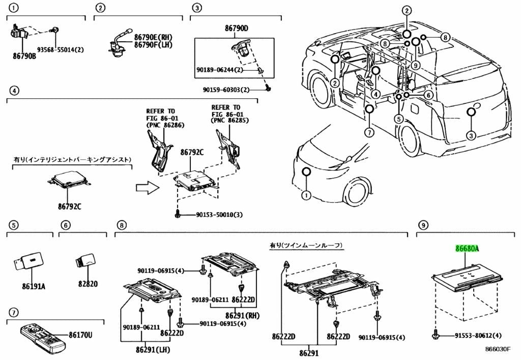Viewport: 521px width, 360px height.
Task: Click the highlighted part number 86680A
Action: click(x=467, y=248)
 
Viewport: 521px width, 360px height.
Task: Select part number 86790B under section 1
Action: click(x=24, y=56)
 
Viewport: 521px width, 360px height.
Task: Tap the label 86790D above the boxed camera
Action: click(x=236, y=28)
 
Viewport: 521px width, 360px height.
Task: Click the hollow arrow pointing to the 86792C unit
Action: click(x=148, y=187)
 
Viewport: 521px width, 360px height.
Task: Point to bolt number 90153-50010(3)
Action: click(x=219, y=215)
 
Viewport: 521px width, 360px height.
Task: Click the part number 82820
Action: click(x=88, y=284)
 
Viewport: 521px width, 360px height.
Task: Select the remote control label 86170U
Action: click(x=80, y=335)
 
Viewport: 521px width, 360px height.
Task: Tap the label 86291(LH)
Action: click(x=153, y=350)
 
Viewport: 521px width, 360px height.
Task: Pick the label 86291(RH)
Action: click(x=242, y=315)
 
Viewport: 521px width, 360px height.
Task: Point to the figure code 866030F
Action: click(x=498, y=349)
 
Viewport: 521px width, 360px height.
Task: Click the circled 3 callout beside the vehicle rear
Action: click(x=471, y=135)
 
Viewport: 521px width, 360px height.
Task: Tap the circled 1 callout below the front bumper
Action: click(x=306, y=196)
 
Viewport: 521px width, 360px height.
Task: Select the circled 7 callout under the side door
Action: click(x=369, y=132)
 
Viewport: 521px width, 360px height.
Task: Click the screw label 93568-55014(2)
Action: click(x=60, y=50)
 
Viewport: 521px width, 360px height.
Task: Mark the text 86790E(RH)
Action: click(x=154, y=37)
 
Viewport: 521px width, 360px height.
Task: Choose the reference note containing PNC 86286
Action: click(x=165, y=118)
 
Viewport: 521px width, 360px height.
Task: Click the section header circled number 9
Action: click(x=423, y=225)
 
